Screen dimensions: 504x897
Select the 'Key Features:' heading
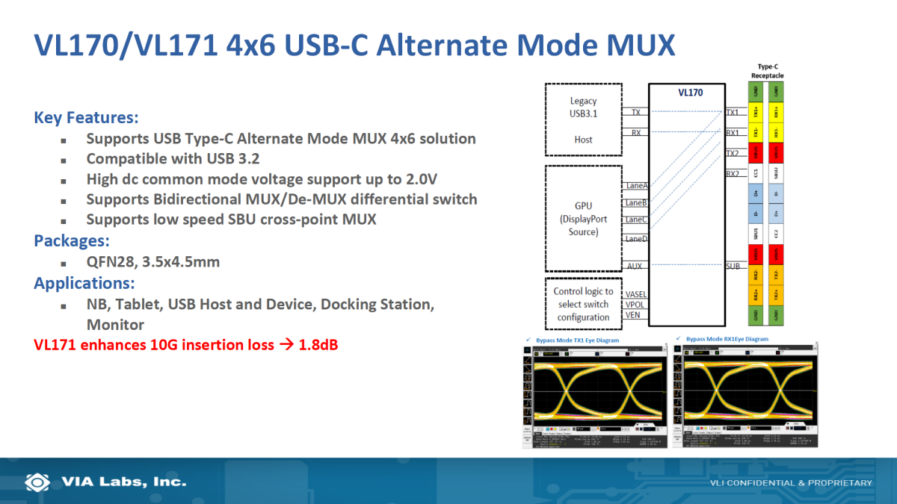coord(86,118)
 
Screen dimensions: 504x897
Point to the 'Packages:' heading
coord(72,240)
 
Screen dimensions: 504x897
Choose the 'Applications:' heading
coord(84,283)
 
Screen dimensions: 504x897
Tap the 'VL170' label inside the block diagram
coord(690,93)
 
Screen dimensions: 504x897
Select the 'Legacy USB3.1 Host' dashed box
coord(583,119)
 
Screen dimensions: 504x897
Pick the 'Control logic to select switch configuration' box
coord(583,304)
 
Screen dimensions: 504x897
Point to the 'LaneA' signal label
coord(635,185)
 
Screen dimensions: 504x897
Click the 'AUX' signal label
coord(635,266)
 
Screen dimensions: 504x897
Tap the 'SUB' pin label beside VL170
coord(733,266)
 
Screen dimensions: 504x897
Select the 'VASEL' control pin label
coord(635,294)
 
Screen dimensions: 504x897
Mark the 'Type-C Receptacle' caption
coord(768,72)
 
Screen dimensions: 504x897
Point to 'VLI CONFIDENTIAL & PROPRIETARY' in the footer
coord(791,483)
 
